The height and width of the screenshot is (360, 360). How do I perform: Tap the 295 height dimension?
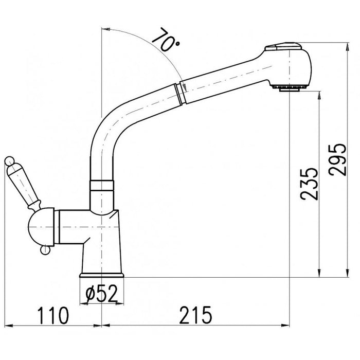337,160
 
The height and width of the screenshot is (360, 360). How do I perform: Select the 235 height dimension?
309,184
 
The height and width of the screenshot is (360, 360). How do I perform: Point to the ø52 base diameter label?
101,294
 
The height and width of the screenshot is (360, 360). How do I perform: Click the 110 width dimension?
53,316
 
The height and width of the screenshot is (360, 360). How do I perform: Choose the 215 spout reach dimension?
196,315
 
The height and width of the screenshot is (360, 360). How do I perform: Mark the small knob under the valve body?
45,250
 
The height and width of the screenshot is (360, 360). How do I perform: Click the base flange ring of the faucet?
101,275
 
